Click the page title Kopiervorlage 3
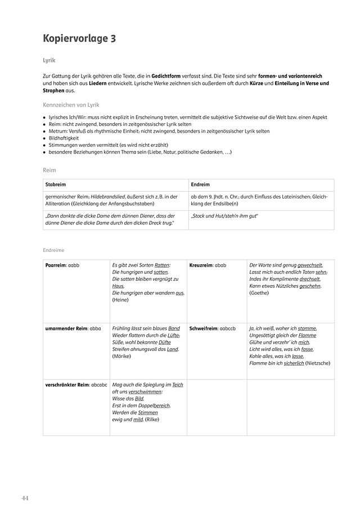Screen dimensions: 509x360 (80, 39)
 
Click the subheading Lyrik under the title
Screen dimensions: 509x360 (49, 59)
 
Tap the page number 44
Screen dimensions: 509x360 (25, 498)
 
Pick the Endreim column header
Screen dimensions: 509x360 (200, 184)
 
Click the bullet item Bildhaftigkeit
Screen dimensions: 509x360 (64, 137)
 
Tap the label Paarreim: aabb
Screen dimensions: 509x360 (62, 265)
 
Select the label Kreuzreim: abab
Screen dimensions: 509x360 (208, 265)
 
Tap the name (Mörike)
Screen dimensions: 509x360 (122, 357)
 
